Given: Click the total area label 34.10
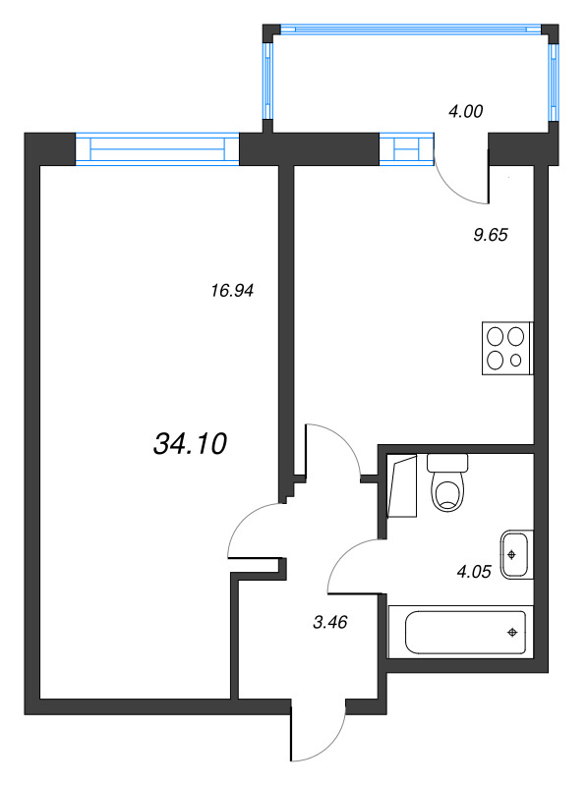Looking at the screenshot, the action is [x=190, y=444].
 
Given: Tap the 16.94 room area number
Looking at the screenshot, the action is [x=232, y=290].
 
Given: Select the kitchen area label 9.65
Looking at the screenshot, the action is [x=491, y=235].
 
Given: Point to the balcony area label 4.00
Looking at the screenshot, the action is [x=466, y=111].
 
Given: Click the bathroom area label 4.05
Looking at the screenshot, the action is [x=474, y=571].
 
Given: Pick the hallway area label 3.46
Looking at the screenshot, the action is [x=330, y=622].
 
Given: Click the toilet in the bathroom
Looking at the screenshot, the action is [x=447, y=482].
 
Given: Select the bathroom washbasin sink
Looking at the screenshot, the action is [x=516, y=554].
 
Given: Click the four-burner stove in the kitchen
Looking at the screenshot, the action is [x=507, y=349].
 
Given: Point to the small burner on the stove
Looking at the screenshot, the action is [x=516, y=360].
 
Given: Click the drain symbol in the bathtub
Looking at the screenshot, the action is [x=512, y=633].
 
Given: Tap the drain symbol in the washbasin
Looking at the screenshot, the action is [x=511, y=554].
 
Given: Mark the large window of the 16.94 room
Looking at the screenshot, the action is [x=157, y=148].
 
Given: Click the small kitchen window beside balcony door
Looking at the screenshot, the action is [x=406, y=148].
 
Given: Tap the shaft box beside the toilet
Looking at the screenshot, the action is [x=402, y=486].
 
